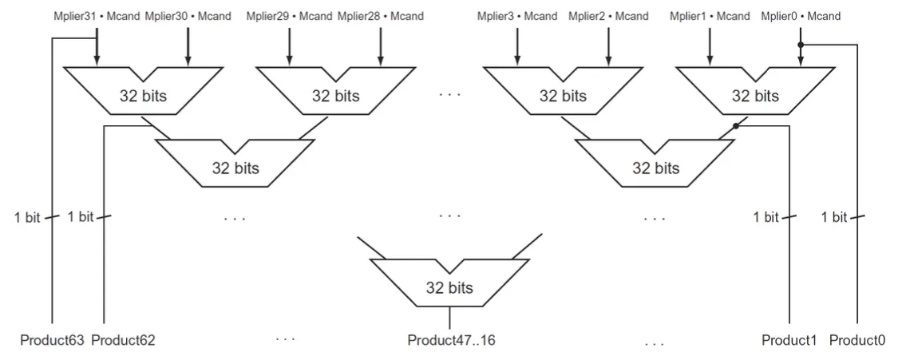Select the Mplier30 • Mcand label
[x=188, y=17]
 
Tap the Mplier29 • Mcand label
[x=290, y=17]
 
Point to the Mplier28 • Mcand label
[x=381, y=17]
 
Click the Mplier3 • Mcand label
[x=517, y=17]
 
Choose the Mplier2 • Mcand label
[x=608, y=17]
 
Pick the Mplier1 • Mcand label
[x=710, y=17]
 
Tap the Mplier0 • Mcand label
[x=801, y=17]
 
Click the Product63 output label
[x=52, y=341]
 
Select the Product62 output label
[x=124, y=341]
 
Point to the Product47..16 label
[x=451, y=341]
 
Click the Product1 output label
[x=789, y=341]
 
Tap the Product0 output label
[x=857, y=341]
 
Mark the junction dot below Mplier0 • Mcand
[x=801, y=45]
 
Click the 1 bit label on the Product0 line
[x=834, y=216]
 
